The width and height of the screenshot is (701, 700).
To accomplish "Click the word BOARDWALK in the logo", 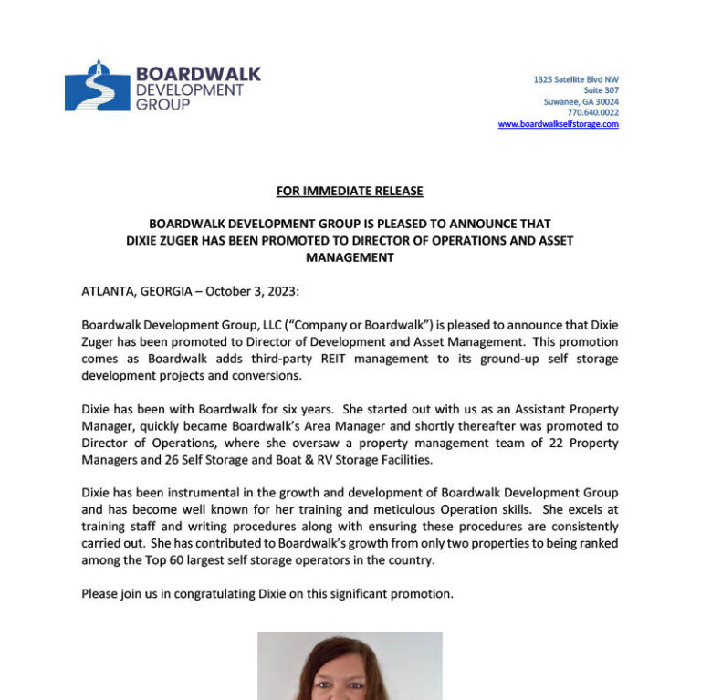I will coord(198,74).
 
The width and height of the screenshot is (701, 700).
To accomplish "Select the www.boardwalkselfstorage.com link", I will coord(558,124).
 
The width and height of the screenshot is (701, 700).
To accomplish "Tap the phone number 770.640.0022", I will coord(592,113).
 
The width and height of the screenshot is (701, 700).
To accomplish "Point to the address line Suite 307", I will coord(601,90).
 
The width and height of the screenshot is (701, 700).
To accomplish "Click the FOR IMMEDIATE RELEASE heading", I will coord(350,191).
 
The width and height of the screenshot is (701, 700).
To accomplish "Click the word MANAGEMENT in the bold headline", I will coord(350,257).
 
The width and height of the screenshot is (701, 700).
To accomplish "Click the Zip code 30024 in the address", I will coord(605,101).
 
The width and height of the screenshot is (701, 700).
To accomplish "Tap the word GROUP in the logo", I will coord(162,105).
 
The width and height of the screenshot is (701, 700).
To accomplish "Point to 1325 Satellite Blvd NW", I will coord(576,79).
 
